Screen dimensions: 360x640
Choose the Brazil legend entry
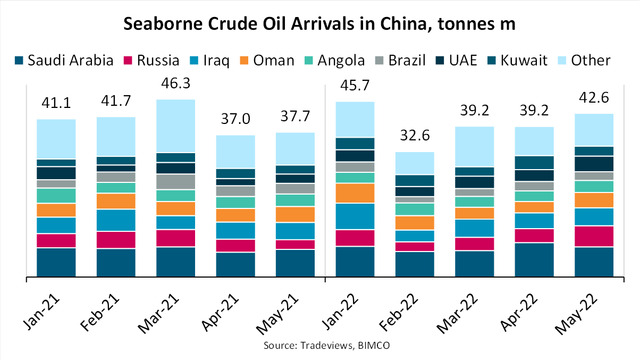[400, 60]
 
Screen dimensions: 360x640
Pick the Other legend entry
[584, 60]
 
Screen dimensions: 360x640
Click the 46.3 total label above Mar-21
[175, 85]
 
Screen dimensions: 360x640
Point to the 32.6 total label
[415, 138]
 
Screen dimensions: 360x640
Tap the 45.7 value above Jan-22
[355, 87]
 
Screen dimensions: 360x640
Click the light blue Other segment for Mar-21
[175, 126]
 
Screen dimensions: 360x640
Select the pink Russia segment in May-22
[594, 236]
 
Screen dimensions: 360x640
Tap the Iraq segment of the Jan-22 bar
[355, 216]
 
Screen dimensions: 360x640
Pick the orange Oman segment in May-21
[295, 214]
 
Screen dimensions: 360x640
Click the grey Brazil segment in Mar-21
[175, 182]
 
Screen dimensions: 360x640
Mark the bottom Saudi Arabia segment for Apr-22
[534, 259]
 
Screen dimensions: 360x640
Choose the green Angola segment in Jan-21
[56, 196]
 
